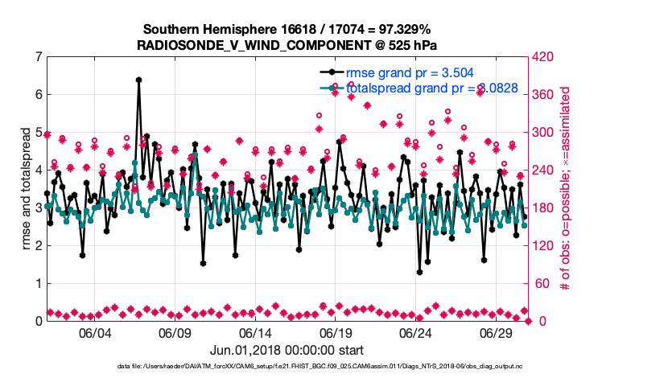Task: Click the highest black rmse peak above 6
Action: tap(138, 80)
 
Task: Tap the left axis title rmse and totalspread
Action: tap(26, 188)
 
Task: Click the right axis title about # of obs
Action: tap(566, 188)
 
